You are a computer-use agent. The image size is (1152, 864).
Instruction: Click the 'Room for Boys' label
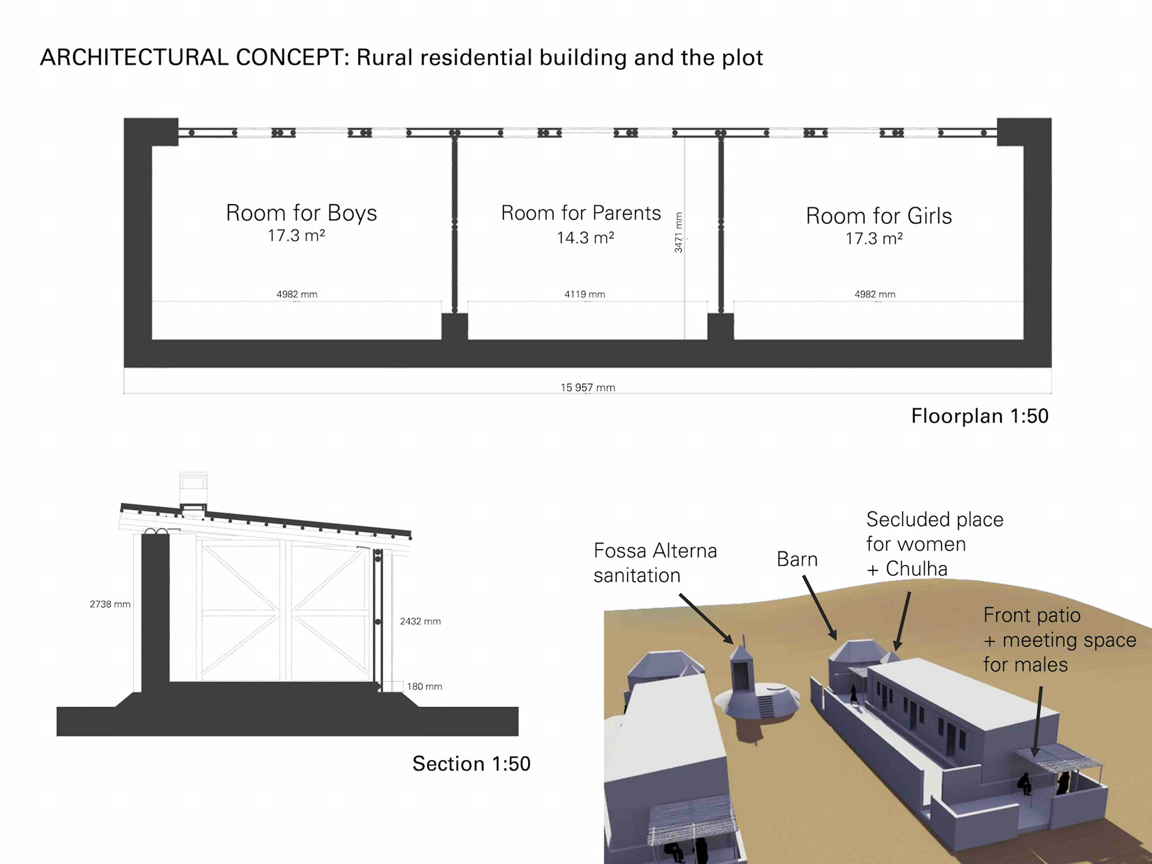(x=301, y=213)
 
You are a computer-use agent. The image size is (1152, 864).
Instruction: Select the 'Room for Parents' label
(x=580, y=213)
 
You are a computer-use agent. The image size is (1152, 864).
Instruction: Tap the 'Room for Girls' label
(x=878, y=216)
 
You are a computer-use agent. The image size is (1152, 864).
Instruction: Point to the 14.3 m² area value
(x=585, y=238)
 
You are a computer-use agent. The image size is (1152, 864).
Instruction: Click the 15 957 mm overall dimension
(x=587, y=388)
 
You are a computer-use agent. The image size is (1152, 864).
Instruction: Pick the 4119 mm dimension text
(x=584, y=294)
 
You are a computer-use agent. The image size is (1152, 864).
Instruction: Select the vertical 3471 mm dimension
(x=679, y=232)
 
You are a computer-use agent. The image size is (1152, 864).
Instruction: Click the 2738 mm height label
(x=110, y=604)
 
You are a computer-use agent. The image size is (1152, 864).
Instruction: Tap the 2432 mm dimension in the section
(x=420, y=622)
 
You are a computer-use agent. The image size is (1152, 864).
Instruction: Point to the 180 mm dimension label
(x=424, y=686)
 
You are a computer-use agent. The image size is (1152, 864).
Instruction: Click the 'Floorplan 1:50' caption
(x=979, y=416)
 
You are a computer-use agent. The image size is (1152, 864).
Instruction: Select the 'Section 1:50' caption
(x=471, y=764)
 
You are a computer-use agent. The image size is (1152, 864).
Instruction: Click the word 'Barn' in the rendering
(x=797, y=559)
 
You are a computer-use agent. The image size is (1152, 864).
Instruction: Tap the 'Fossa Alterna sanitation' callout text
(x=655, y=563)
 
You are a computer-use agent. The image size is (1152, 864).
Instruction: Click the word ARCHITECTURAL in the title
(x=134, y=58)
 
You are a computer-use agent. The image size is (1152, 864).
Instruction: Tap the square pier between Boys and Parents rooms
(x=454, y=326)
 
